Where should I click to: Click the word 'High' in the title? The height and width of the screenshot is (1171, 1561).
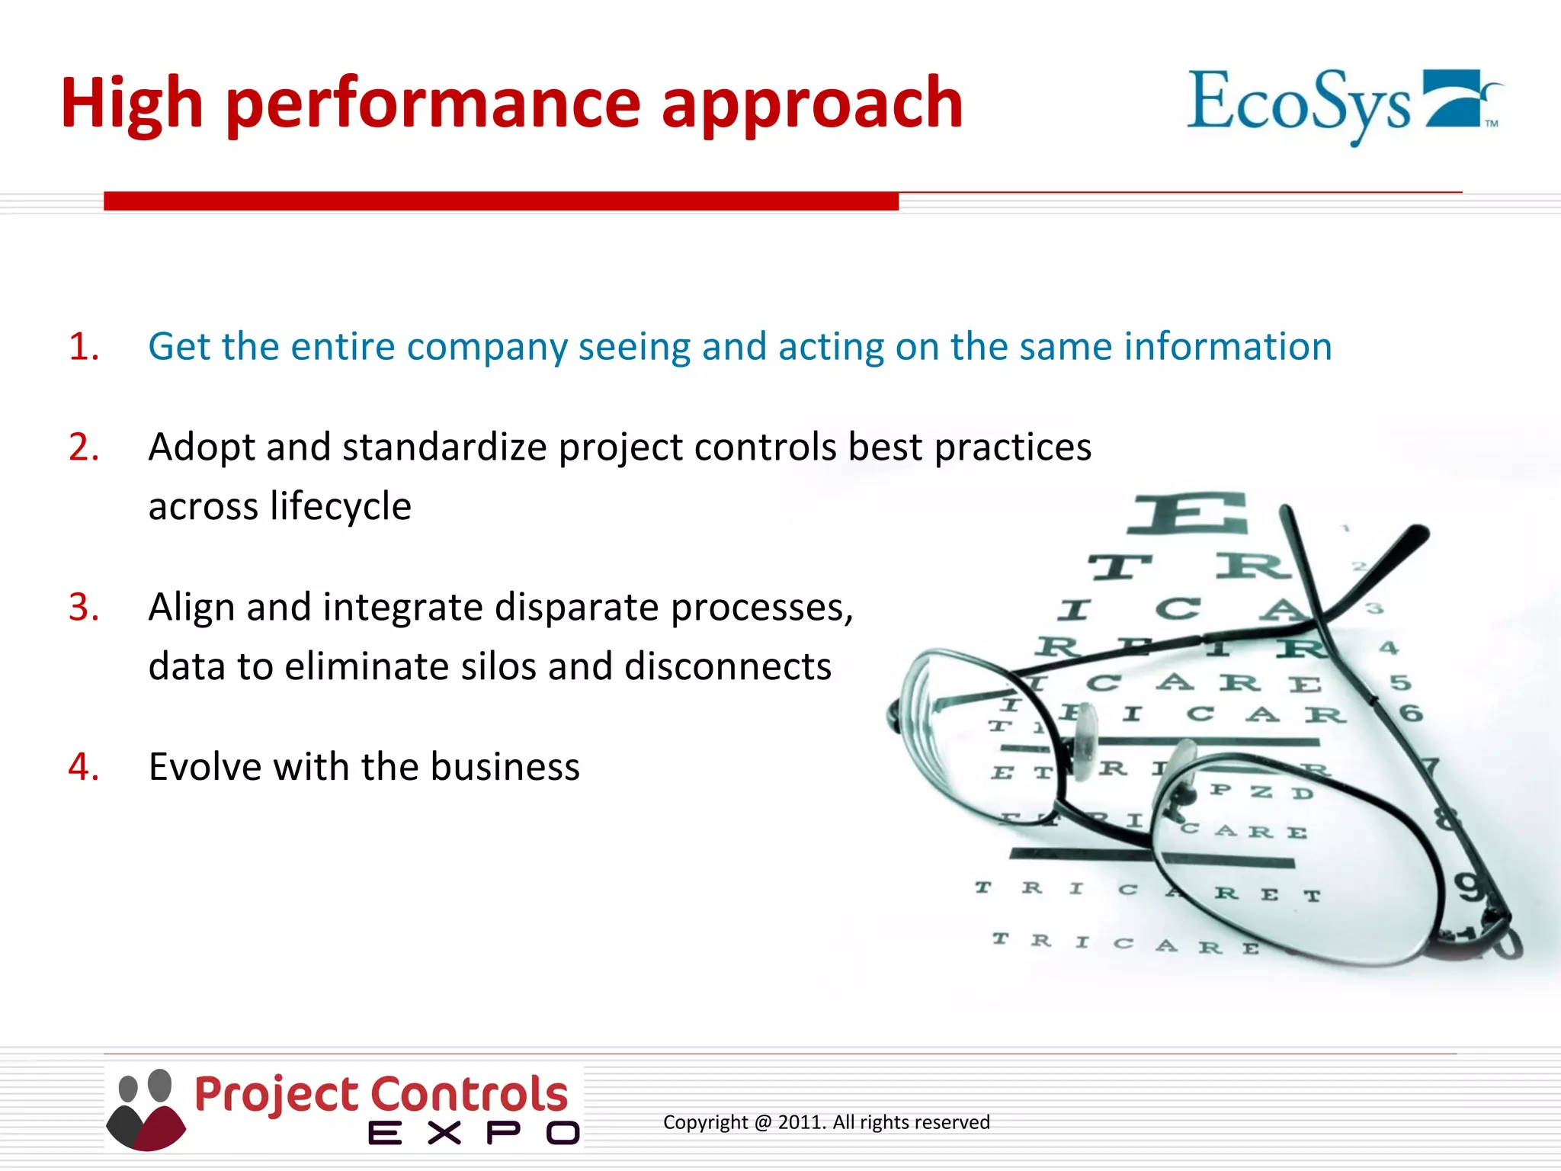click(131, 104)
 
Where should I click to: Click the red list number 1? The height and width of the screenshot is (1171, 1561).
click(83, 347)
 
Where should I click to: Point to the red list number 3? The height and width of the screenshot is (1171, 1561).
click(83, 608)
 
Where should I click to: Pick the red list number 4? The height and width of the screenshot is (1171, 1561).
click(83, 767)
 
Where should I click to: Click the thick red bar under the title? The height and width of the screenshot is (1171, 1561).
click(501, 201)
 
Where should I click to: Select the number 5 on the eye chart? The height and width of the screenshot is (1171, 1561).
click(1399, 682)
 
